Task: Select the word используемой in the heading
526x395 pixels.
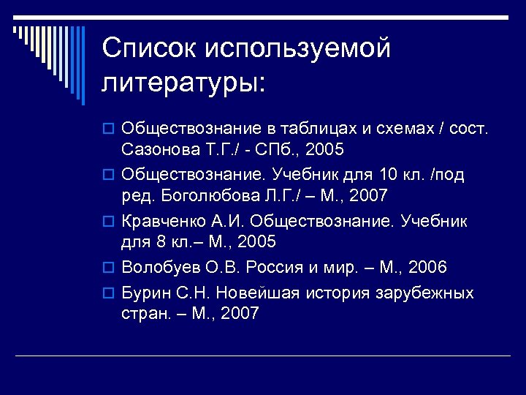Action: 298,50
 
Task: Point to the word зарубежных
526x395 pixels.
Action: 425,293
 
